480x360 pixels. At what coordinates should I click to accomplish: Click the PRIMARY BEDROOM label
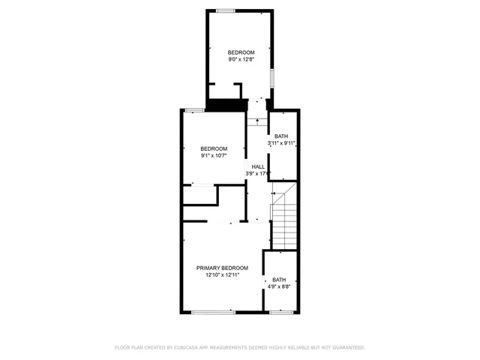pyautogui.click(x=222, y=268)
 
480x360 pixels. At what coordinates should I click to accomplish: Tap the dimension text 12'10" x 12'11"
pyautogui.click(x=222, y=275)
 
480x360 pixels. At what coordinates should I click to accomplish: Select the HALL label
pyautogui.click(x=257, y=166)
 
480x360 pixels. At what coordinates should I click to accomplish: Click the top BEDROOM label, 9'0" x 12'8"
pyautogui.click(x=241, y=52)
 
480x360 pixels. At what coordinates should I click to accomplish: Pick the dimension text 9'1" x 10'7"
pyautogui.click(x=214, y=156)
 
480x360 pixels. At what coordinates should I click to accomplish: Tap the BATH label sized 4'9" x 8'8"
pyautogui.click(x=279, y=279)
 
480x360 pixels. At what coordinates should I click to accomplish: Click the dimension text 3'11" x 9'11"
pyautogui.click(x=283, y=142)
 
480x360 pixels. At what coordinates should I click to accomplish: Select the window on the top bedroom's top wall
pyautogui.click(x=225, y=10)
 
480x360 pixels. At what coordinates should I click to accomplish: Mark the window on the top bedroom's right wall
pyautogui.click(x=273, y=78)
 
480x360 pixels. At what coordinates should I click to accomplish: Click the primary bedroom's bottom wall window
pyautogui.click(x=213, y=311)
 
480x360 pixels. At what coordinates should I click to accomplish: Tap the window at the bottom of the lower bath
pyautogui.click(x=280, y=311)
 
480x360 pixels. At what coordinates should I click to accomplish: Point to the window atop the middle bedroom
pyautogui.click(x=194, y=110)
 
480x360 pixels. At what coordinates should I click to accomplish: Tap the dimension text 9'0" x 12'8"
pyautogui.click(x=241, y=58)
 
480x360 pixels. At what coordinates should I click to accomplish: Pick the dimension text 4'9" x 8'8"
pyautogui.click(x=279, y=286)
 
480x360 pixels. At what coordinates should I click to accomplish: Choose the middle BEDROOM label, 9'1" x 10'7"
pyautogui.click(x=214, y=148)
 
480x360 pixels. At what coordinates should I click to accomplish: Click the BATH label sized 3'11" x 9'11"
pyautogui.click(x=283, y=136)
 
